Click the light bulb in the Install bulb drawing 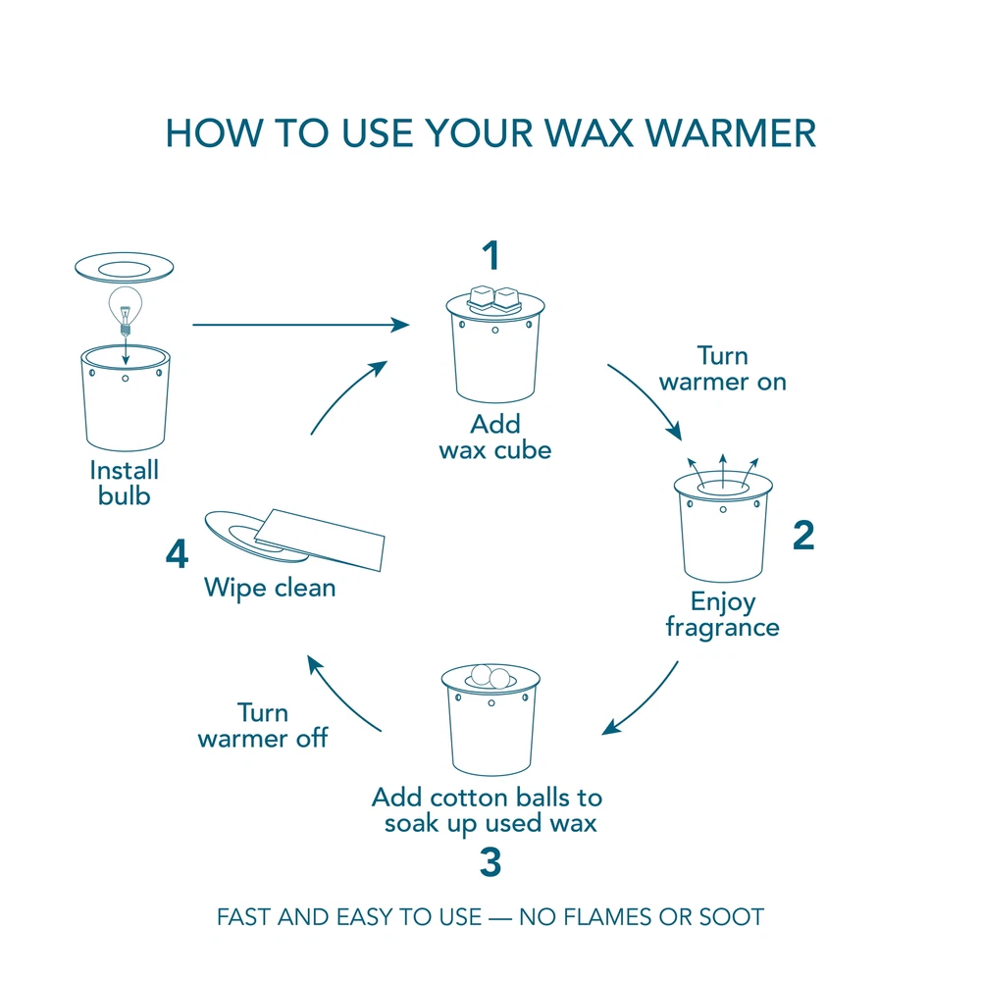pyautogui.click(x=125, y=306)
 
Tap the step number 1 pyautogui.click(x=490, y=256)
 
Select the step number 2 pyautogui.click(x=802, y=536)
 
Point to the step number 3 pyautogui.click(x=490, y=862)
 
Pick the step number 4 pyautogui.click(x=177, y=555)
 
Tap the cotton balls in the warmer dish pyautogui.click(x=490, y=676)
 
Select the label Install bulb pyautogui.click(x=125, y=483)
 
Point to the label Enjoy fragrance pyautogui.click(x=723, y=613)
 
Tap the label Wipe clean pyautogui.click(x=270, y=588)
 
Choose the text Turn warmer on pyautogui.click(x=723, y=369)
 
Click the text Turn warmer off pyautogui.click(x=262, y=725)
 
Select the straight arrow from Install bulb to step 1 pyautogui.click(x=299, y=325)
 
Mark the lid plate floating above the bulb pyautogui.click(x=125, y=267)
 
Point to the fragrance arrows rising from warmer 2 pyautogui.click(x=723, y=469)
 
